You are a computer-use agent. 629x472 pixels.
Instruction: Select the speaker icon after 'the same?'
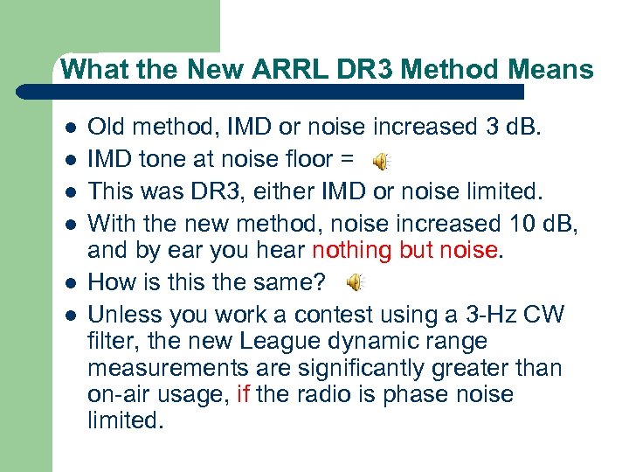[356, 282]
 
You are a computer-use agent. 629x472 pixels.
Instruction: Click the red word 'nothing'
[353, 250]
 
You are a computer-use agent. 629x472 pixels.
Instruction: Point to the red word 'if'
[244, 394]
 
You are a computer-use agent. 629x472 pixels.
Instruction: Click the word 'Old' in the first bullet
[109, 128]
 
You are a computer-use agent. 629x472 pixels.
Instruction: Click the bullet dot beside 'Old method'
[70, 128]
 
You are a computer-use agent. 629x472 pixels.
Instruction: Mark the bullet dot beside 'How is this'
[70, 283]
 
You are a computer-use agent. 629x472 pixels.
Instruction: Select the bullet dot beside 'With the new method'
[70, 222]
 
